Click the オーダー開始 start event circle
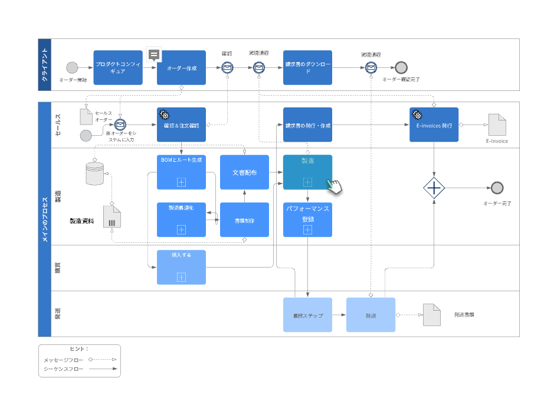(x=72, y=67)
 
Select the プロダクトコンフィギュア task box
(x=118, y=67)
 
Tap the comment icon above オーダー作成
(x=154, y=55)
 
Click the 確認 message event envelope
(x=227, y=68)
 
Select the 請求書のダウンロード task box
(x=307, y=67)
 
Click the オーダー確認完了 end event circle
(x=401, y=67)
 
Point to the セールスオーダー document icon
(x=86, y=116)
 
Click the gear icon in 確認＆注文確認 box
(x=165, y=115)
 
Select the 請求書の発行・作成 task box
(x=307, y=125)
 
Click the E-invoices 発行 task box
(x=434, y=125)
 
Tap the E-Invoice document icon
(x=497, y=125)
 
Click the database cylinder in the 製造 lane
(x=94, y=172)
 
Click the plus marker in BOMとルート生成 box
(x=181, y=182)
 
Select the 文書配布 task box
(x=244, y=172)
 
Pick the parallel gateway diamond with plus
(x=434, y=188)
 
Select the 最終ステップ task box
(x=307, y=315)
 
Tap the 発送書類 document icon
(x=432, y=315)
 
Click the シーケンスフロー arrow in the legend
(x=102, y=369)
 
